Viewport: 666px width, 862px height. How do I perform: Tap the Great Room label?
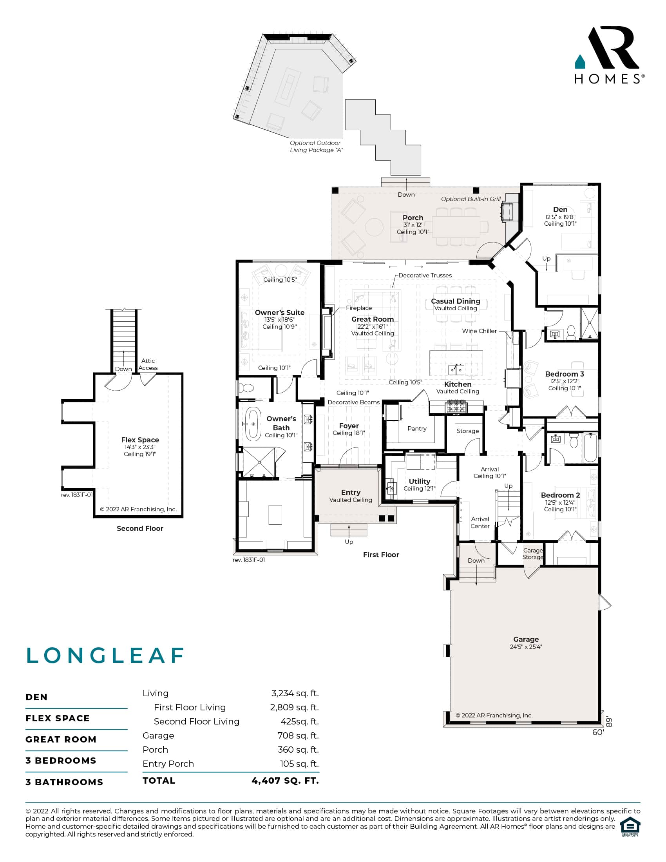[x=373, y=319]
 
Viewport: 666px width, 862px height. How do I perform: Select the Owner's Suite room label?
[x=279, y=312]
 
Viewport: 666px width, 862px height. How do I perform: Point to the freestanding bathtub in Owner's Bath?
[x=253, y=424]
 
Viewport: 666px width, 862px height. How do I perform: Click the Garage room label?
[x=526, y=639]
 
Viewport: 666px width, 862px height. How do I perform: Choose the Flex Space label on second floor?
[x=140, y=440]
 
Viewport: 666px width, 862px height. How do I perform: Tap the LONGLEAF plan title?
[x=105, y=656]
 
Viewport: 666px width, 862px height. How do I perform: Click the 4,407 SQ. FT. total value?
[x=285, y=780]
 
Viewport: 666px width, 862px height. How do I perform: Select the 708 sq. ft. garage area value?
[x=298, y=735]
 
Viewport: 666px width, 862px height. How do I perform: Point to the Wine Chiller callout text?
[x=480, y=331]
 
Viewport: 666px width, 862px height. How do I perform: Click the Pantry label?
[x=417, y=428]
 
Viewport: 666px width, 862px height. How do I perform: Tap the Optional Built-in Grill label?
[x=471, y=199]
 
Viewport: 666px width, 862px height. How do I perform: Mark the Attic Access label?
[x=148, y=364]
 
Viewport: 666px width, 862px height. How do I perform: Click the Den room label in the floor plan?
[x=560, y=210]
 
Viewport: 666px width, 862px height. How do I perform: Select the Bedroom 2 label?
[x=560, y=495]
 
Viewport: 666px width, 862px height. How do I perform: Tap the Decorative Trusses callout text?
[x=425, y=275]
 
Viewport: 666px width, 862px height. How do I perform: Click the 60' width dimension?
[x=598, y=732]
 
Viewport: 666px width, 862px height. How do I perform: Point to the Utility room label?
[x=420, y=481]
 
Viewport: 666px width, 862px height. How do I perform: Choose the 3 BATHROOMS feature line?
[x=64, y=782]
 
